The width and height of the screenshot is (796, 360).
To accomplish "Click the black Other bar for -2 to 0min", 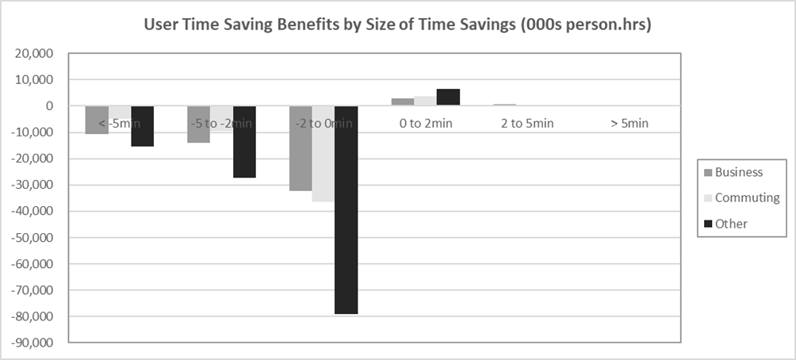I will click(x=346, y=210).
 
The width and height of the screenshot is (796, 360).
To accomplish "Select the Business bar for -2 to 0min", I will click(x=300, y=148).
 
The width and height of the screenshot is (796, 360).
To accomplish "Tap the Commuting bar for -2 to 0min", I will click(x=323, y=154).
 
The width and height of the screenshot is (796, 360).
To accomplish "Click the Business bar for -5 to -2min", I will click(x=199, y=124).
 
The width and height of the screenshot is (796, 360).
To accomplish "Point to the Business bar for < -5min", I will click(x=98, y=120).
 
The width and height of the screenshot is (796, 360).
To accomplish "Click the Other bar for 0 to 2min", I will click(x=448, y=98).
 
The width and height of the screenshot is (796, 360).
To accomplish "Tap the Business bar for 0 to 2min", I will click(x=403, y=102).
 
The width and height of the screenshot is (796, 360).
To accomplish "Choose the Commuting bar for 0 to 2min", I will click(x=425, y=101).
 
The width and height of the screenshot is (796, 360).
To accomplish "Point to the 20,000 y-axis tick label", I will click(x=35, y=54).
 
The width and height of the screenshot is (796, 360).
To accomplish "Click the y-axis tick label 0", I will click(x=49, y=106).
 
